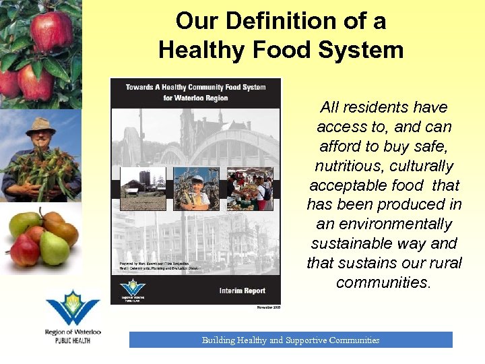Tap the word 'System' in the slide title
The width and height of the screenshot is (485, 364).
tap(364, 49)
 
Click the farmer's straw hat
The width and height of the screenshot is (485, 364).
tap(40, 124)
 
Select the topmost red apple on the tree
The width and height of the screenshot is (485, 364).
tap(52, 30)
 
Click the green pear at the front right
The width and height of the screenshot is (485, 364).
tap(54, 248)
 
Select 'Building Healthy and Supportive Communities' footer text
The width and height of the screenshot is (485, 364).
tap(290, 340)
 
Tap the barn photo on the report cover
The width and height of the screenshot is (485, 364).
tap(143, 189)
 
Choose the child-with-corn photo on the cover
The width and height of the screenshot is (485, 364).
tap(196, 189)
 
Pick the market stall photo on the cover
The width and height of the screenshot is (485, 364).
tap(250, 189)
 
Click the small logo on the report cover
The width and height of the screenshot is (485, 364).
tap(133, 289)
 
